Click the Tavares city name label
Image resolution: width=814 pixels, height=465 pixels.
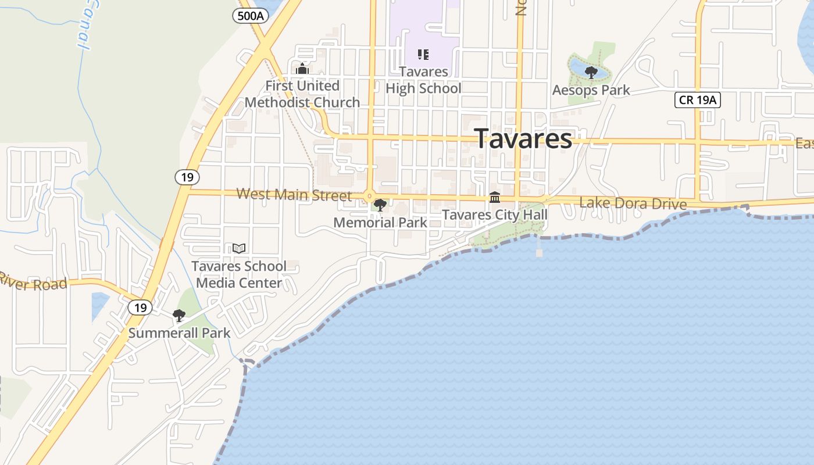point(523,139)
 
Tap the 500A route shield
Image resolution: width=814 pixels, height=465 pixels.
point(251,16)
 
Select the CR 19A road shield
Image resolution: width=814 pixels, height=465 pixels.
point(698,100)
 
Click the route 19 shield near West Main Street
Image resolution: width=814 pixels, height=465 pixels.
point(187,177)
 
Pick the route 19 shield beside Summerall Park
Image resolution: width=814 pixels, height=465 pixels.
point(140,307)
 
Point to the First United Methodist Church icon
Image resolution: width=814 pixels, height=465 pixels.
point(302,69)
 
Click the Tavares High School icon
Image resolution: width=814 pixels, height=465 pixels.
point(423,55)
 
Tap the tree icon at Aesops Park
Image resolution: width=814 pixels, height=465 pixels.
point(591,73)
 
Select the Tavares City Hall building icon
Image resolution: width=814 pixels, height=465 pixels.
point(495,198)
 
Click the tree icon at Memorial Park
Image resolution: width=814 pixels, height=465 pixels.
point(380,205)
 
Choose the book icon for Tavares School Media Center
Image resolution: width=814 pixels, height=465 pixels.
point(238,249)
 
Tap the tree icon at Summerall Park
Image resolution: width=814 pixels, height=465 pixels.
point(179,316)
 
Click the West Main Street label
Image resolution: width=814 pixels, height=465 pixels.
point(294,195)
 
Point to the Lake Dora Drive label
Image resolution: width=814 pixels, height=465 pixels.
point(633,203)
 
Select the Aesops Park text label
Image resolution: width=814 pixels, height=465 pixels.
point(591,90)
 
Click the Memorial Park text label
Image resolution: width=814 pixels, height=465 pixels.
point(380,222)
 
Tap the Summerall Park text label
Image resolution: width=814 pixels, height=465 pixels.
point(179,333)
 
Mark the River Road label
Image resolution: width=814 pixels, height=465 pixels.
point(33,281)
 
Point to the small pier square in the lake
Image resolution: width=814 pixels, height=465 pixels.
point(539,253)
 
